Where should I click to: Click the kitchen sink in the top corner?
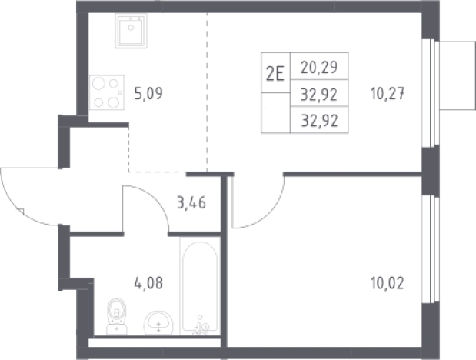coord(131,31)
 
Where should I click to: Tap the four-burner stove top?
coord(107,92)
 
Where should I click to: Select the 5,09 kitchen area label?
coord(148,93)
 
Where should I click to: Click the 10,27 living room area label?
coord(388,93)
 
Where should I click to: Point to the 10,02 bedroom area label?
coord(388,283)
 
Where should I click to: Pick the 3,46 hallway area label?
coord(191,202)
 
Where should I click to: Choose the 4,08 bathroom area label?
coord(148,283)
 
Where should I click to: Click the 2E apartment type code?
coord(275,74)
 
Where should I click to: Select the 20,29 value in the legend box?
coord(319,67)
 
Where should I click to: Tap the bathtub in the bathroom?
coord(200,286)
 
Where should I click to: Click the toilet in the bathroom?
coord(117,316)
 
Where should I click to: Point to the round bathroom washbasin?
coord(158,322)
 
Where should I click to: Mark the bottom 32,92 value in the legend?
coord(319,121)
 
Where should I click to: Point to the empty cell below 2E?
coord(275,113)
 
